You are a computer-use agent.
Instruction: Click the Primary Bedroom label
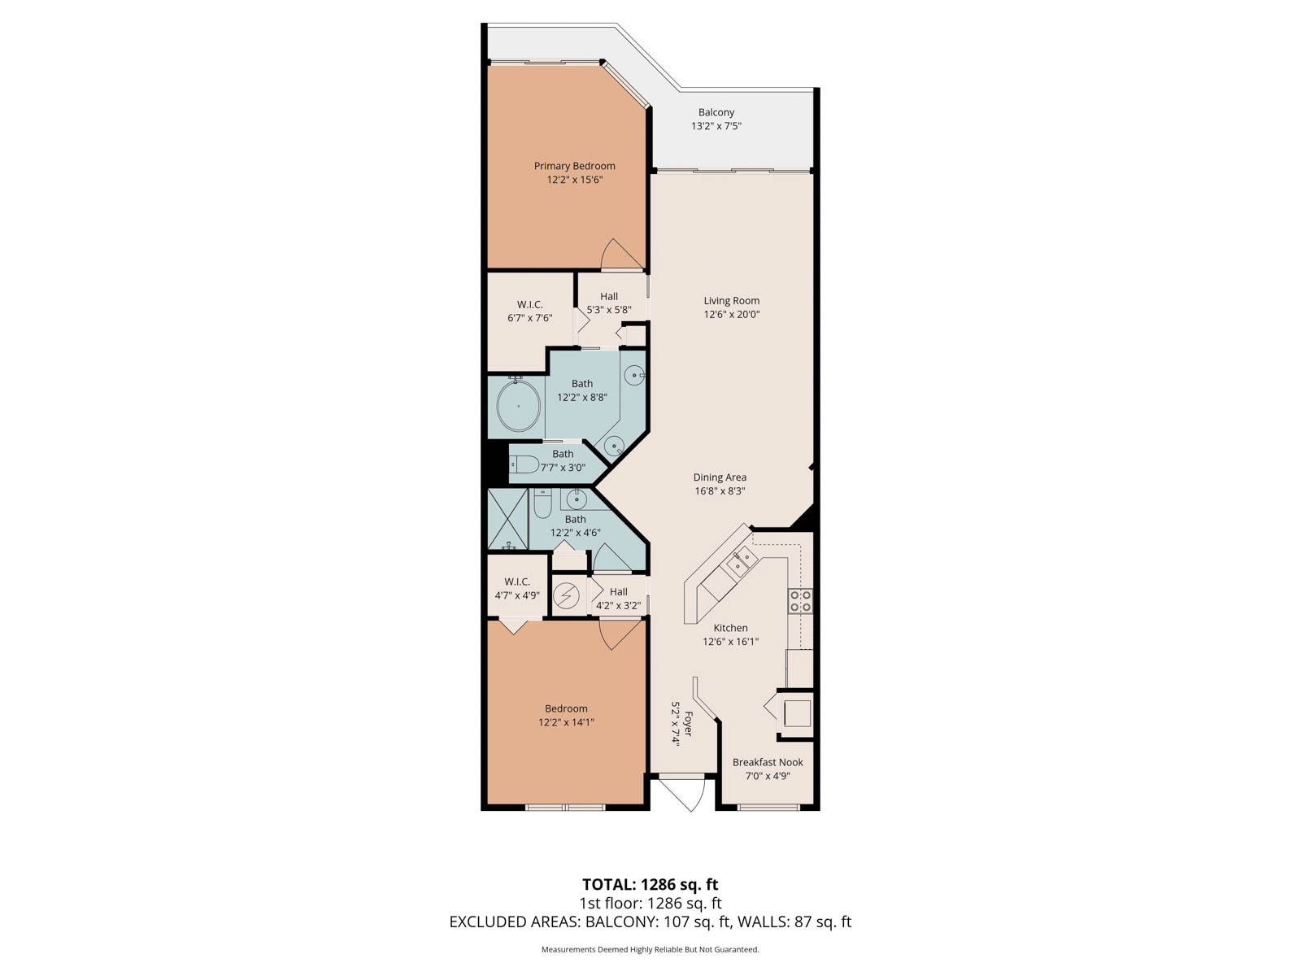(x=574, y=166)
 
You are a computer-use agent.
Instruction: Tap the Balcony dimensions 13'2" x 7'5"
(x=716, y=125)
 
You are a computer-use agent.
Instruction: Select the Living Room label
(x=731, y=300)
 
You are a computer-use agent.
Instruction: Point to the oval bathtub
(x=518, y=406)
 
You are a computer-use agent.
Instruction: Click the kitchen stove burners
(x=800, y=600)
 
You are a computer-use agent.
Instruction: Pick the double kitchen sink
(x=742, y=561)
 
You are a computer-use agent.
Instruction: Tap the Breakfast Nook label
(x=768, y=762)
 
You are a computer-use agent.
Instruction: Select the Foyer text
(x=688, y=724)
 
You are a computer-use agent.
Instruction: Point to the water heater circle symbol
(x=566, y=595)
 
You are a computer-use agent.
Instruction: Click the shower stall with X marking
(x=507, y=519)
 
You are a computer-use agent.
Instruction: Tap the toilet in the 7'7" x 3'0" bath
(x=524, y=464)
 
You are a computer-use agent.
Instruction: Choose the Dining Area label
(x=720, y=477)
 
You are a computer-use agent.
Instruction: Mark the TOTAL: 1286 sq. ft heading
(x=650, y=884)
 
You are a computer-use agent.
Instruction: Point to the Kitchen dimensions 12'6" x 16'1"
(x=730, y=641)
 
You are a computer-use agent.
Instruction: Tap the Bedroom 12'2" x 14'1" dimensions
(x=566, y=721)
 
